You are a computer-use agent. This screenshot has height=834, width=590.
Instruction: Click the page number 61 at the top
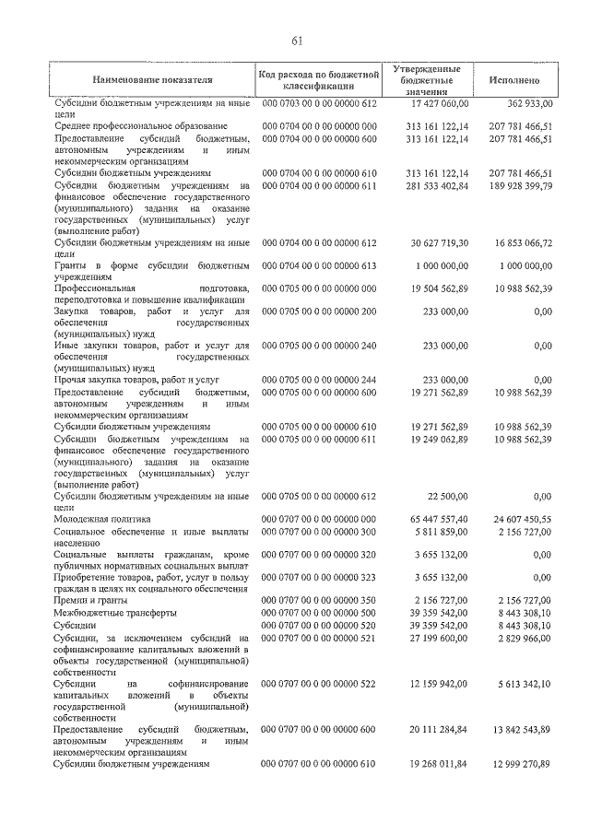tap(297, 40)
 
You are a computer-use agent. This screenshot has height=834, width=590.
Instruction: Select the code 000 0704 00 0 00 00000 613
tap(320, 265)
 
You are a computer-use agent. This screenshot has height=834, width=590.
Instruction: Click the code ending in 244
tap(320, 380)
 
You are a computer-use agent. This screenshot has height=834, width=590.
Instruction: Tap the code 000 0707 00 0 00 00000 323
tap(320, 577)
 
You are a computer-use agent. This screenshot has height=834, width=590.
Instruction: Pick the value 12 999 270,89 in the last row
tap(520, 764)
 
